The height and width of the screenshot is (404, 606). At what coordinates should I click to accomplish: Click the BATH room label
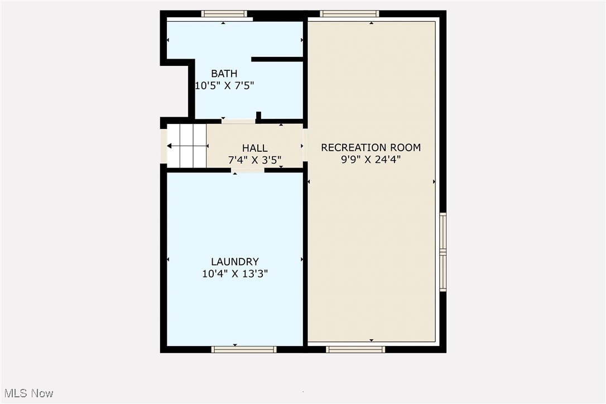[x=224, y=74]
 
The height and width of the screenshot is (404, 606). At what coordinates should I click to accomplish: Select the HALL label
[x=254, y=148]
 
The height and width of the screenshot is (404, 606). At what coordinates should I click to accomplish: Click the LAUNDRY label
[x=234, y=262]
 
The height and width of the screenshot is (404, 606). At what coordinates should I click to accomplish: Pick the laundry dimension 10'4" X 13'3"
[x=234, y=274]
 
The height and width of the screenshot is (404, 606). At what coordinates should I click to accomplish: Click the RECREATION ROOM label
[x=371, y=148]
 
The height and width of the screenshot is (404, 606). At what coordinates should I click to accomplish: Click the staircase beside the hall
[x=186, y=146]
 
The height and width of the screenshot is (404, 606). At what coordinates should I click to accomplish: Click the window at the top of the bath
[x=224, y=14]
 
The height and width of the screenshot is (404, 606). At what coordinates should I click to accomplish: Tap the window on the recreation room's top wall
[x=350, y=14]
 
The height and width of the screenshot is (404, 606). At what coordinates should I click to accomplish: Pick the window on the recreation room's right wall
[x=443, y=252]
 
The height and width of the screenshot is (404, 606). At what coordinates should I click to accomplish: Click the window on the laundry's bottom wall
[x=244, y=349]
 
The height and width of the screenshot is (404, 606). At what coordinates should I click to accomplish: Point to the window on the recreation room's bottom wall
[x=355, y=349]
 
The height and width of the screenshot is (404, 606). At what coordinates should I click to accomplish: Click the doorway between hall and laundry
[x=248, y=170]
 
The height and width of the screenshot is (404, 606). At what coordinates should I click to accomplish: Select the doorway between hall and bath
[x=238, y=121]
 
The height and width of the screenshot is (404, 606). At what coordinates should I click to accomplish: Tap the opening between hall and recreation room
[x=305, y=145]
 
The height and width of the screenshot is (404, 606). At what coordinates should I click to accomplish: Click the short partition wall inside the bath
[x=277, y=59]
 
